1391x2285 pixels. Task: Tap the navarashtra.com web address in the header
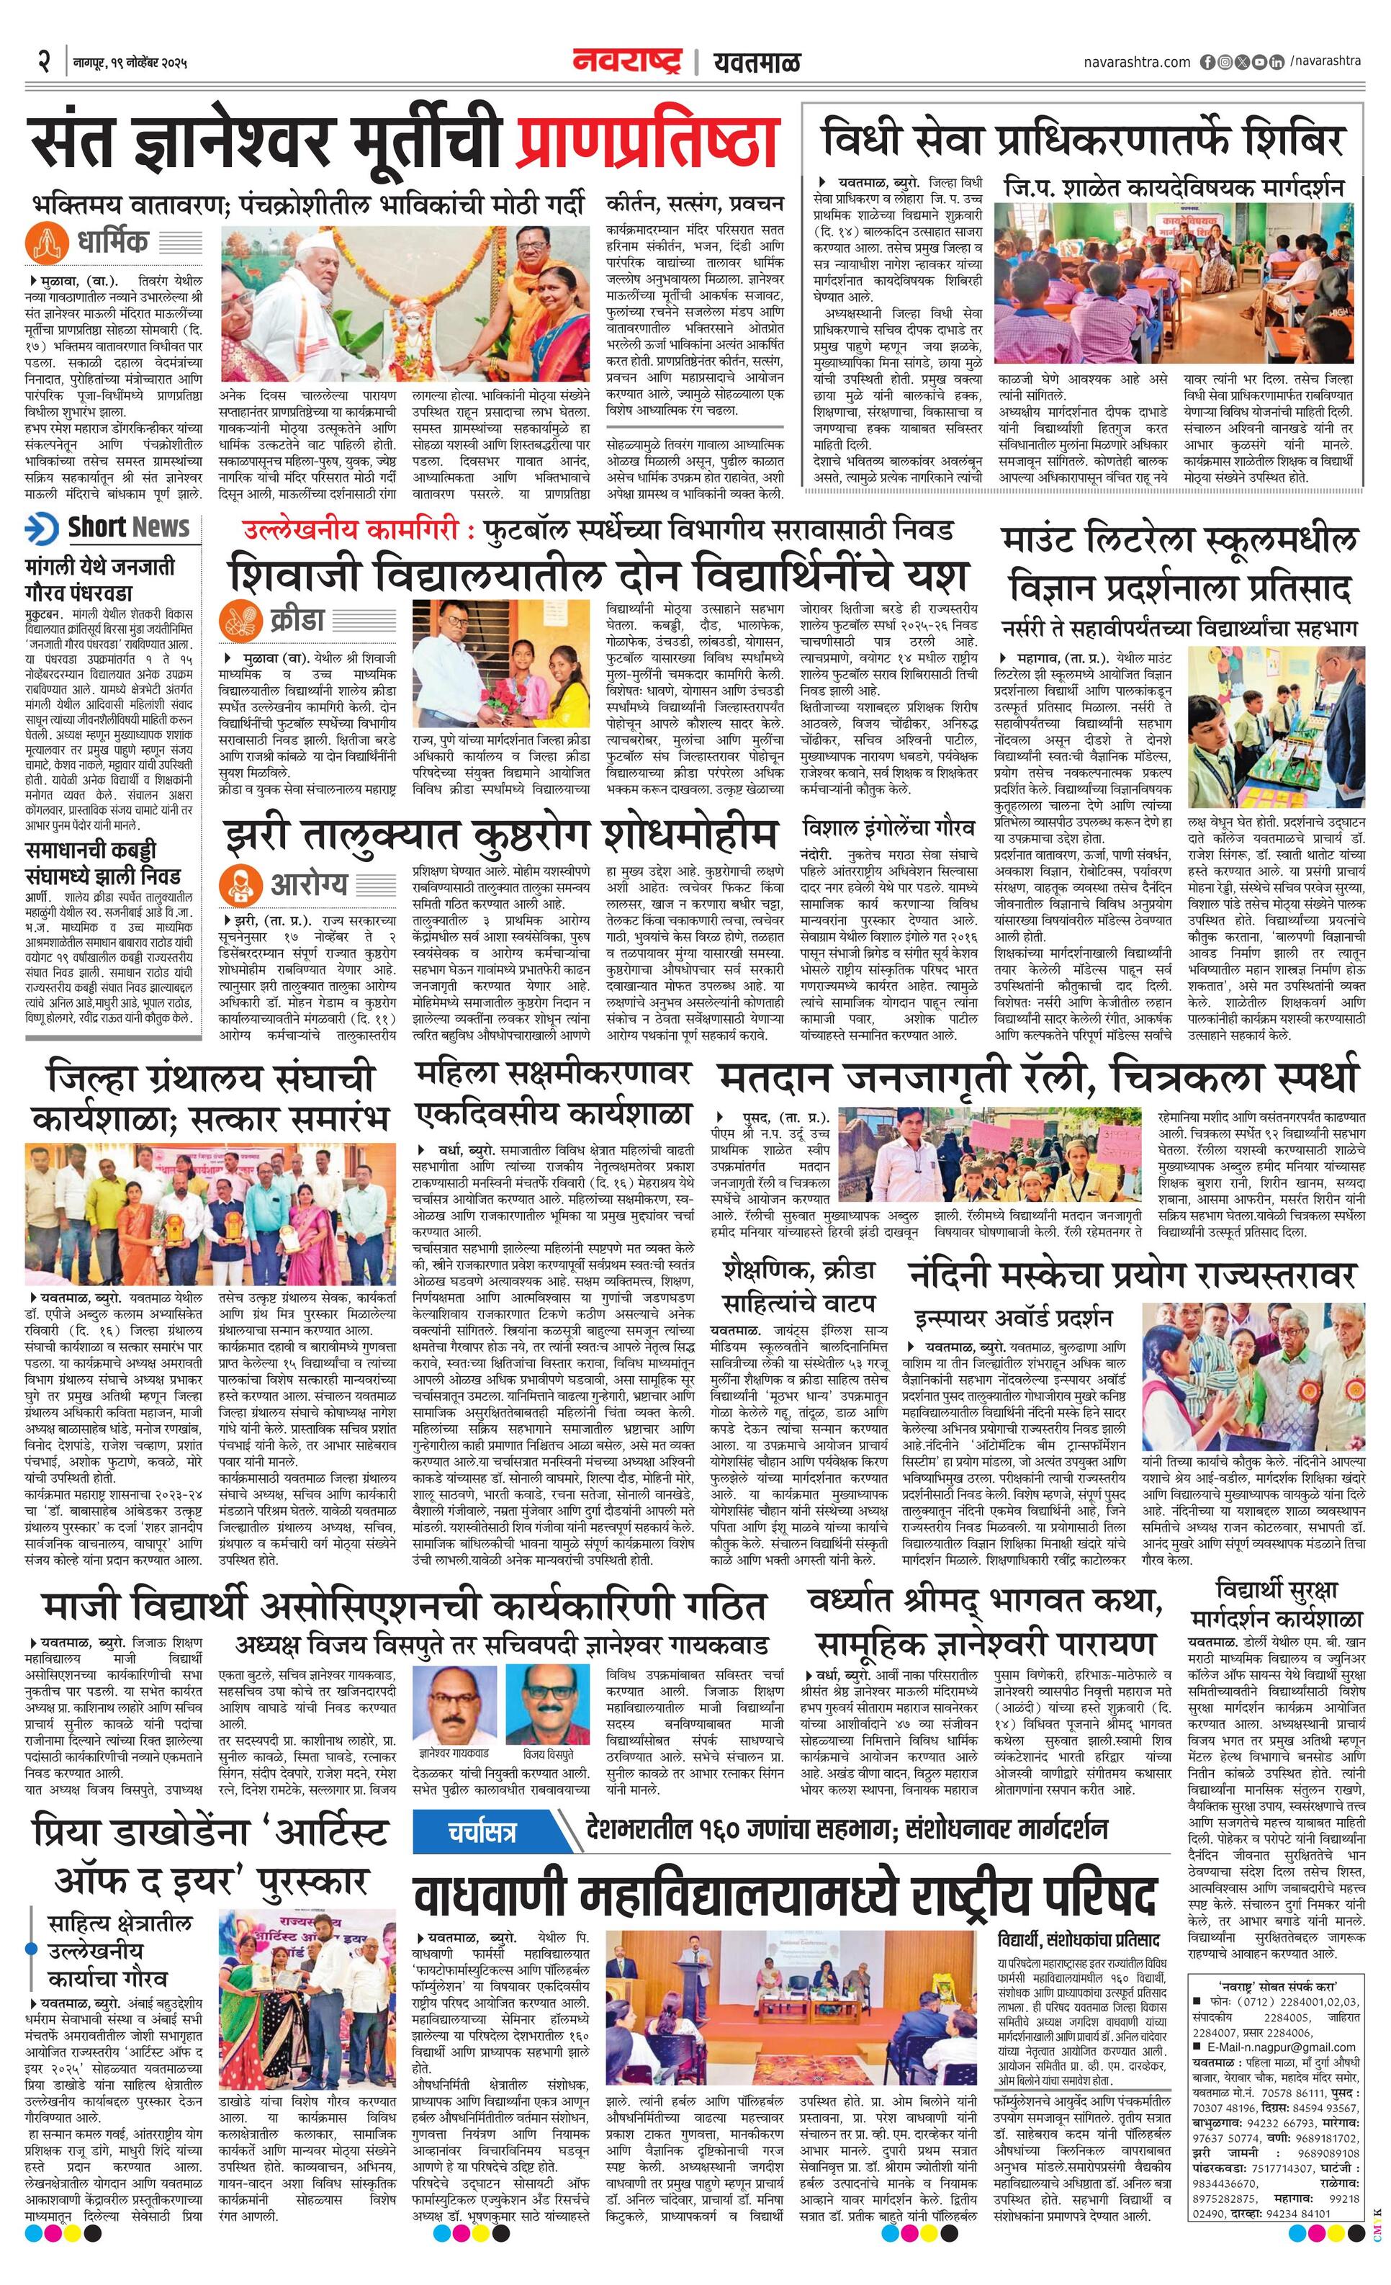point(1136,61)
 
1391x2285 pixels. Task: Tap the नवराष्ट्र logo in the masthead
point(627,61)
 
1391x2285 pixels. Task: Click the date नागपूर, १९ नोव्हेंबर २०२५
point(131,63)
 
